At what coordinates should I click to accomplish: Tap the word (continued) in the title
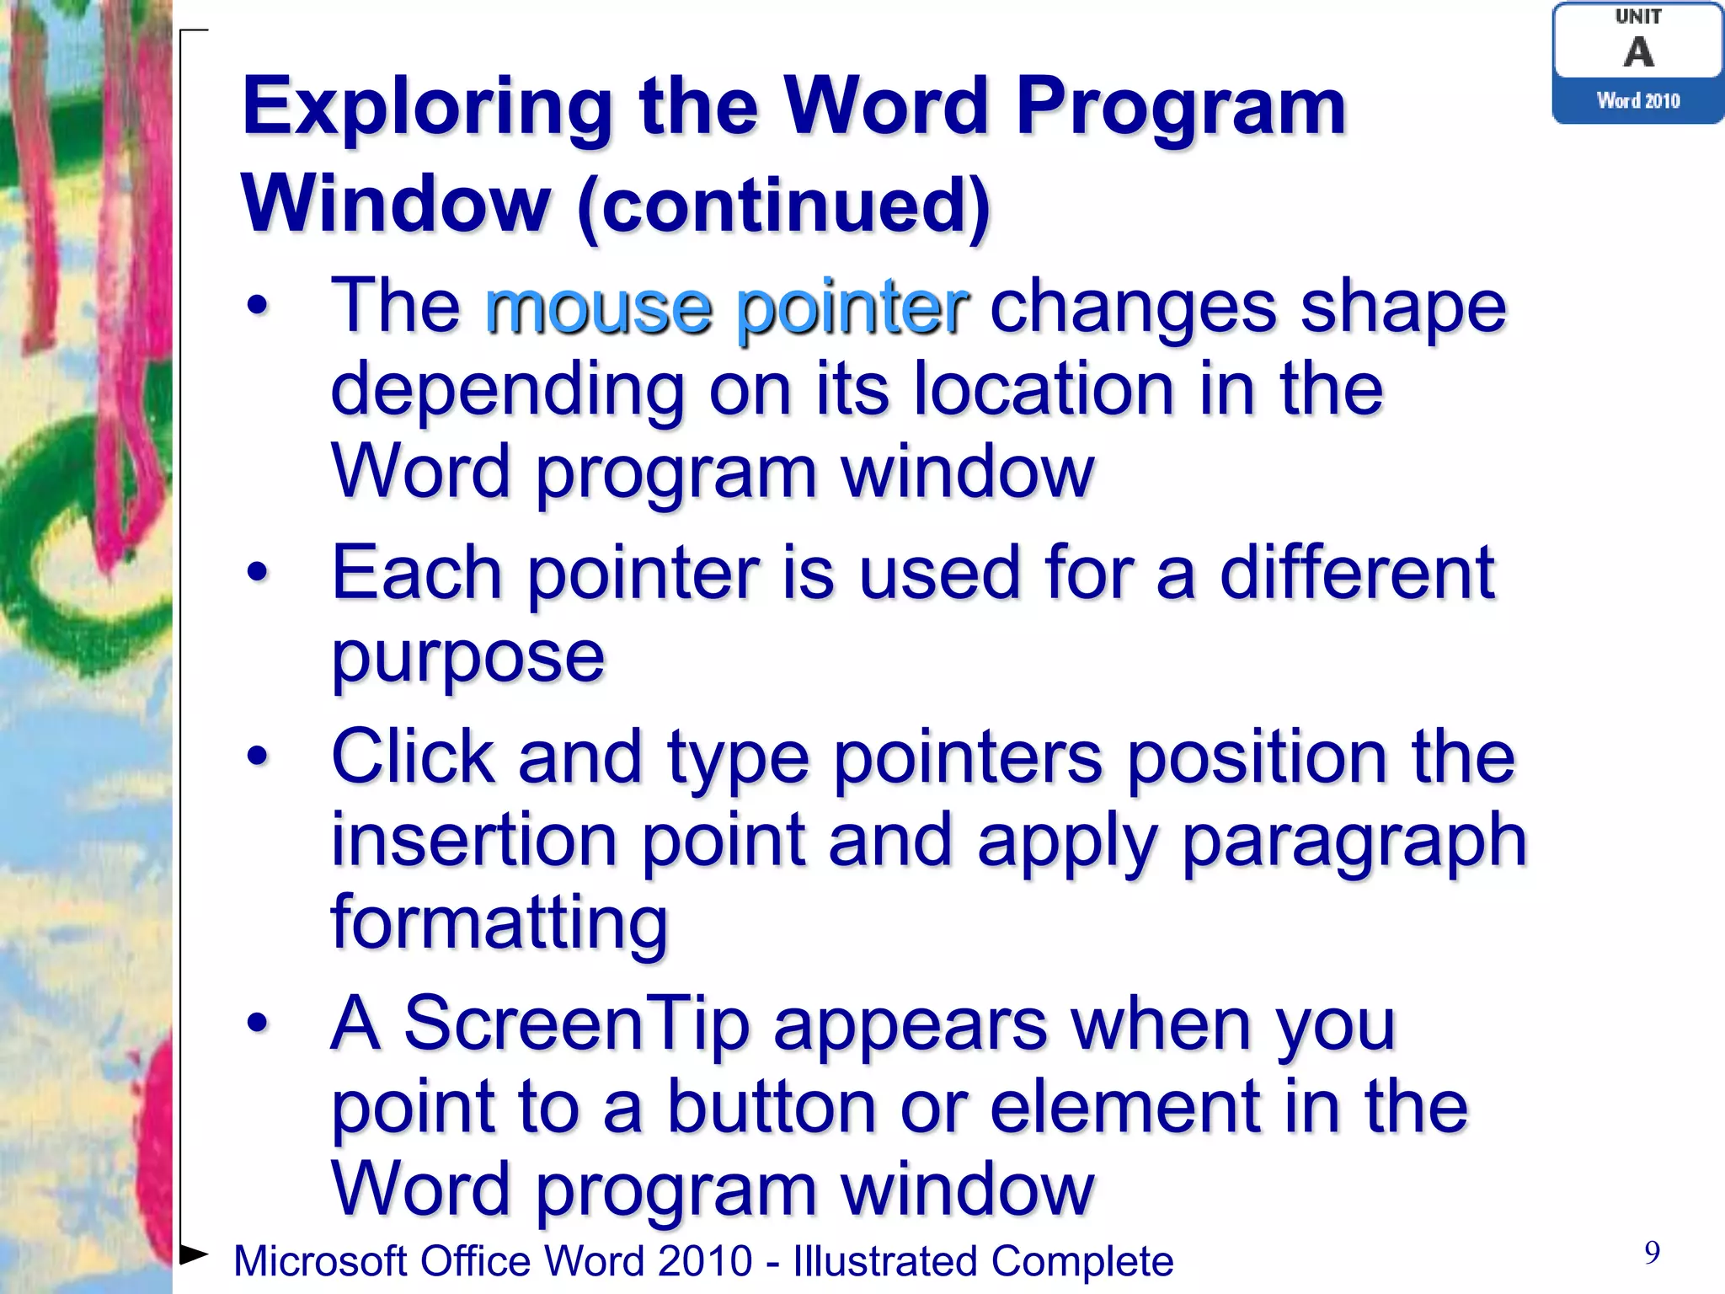click(x=784, y=206)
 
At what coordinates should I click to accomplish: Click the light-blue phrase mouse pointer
click(x=726, y=307)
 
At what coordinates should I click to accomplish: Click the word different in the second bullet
click(x=1357, y=573)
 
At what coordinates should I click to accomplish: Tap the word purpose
click(x=468, y=657)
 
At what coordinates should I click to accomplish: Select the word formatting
click(x=499, y=923)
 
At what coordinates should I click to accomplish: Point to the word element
click(x=1124, y=1107)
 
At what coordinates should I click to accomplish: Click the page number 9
click(x=1652, y=1253)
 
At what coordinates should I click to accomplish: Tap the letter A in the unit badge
click(x=1638, y=52)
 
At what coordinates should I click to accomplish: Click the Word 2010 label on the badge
click(x=1638, y=101)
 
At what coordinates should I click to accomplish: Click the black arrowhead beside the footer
click(x=194, y=1254)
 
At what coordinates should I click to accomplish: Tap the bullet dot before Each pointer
click(x=258, y=573)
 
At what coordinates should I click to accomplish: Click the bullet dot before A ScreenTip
click(x=258, y=1024)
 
